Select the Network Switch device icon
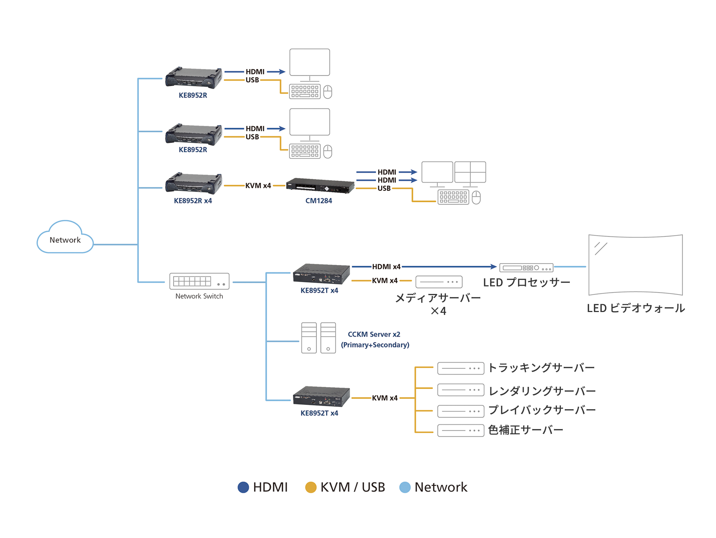[199, 281]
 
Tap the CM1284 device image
[320, 186]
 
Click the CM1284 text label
[319, 201]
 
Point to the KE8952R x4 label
[193, 201]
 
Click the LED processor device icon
[526, 268]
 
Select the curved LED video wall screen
[635, 265]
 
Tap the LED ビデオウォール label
[636, 308]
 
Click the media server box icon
[439, 282]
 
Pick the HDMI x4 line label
[386, 266]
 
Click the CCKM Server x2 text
[374, 334]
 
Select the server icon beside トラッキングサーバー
[460, 368]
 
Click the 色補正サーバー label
[525, 430]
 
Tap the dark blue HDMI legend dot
[243, 487]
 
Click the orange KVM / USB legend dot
[311, 487]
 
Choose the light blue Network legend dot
[405, 487]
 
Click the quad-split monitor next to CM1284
[470, 172]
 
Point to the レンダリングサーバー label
[542, 391]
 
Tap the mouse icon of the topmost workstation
[328, 92]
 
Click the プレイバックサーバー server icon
[460, 411]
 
